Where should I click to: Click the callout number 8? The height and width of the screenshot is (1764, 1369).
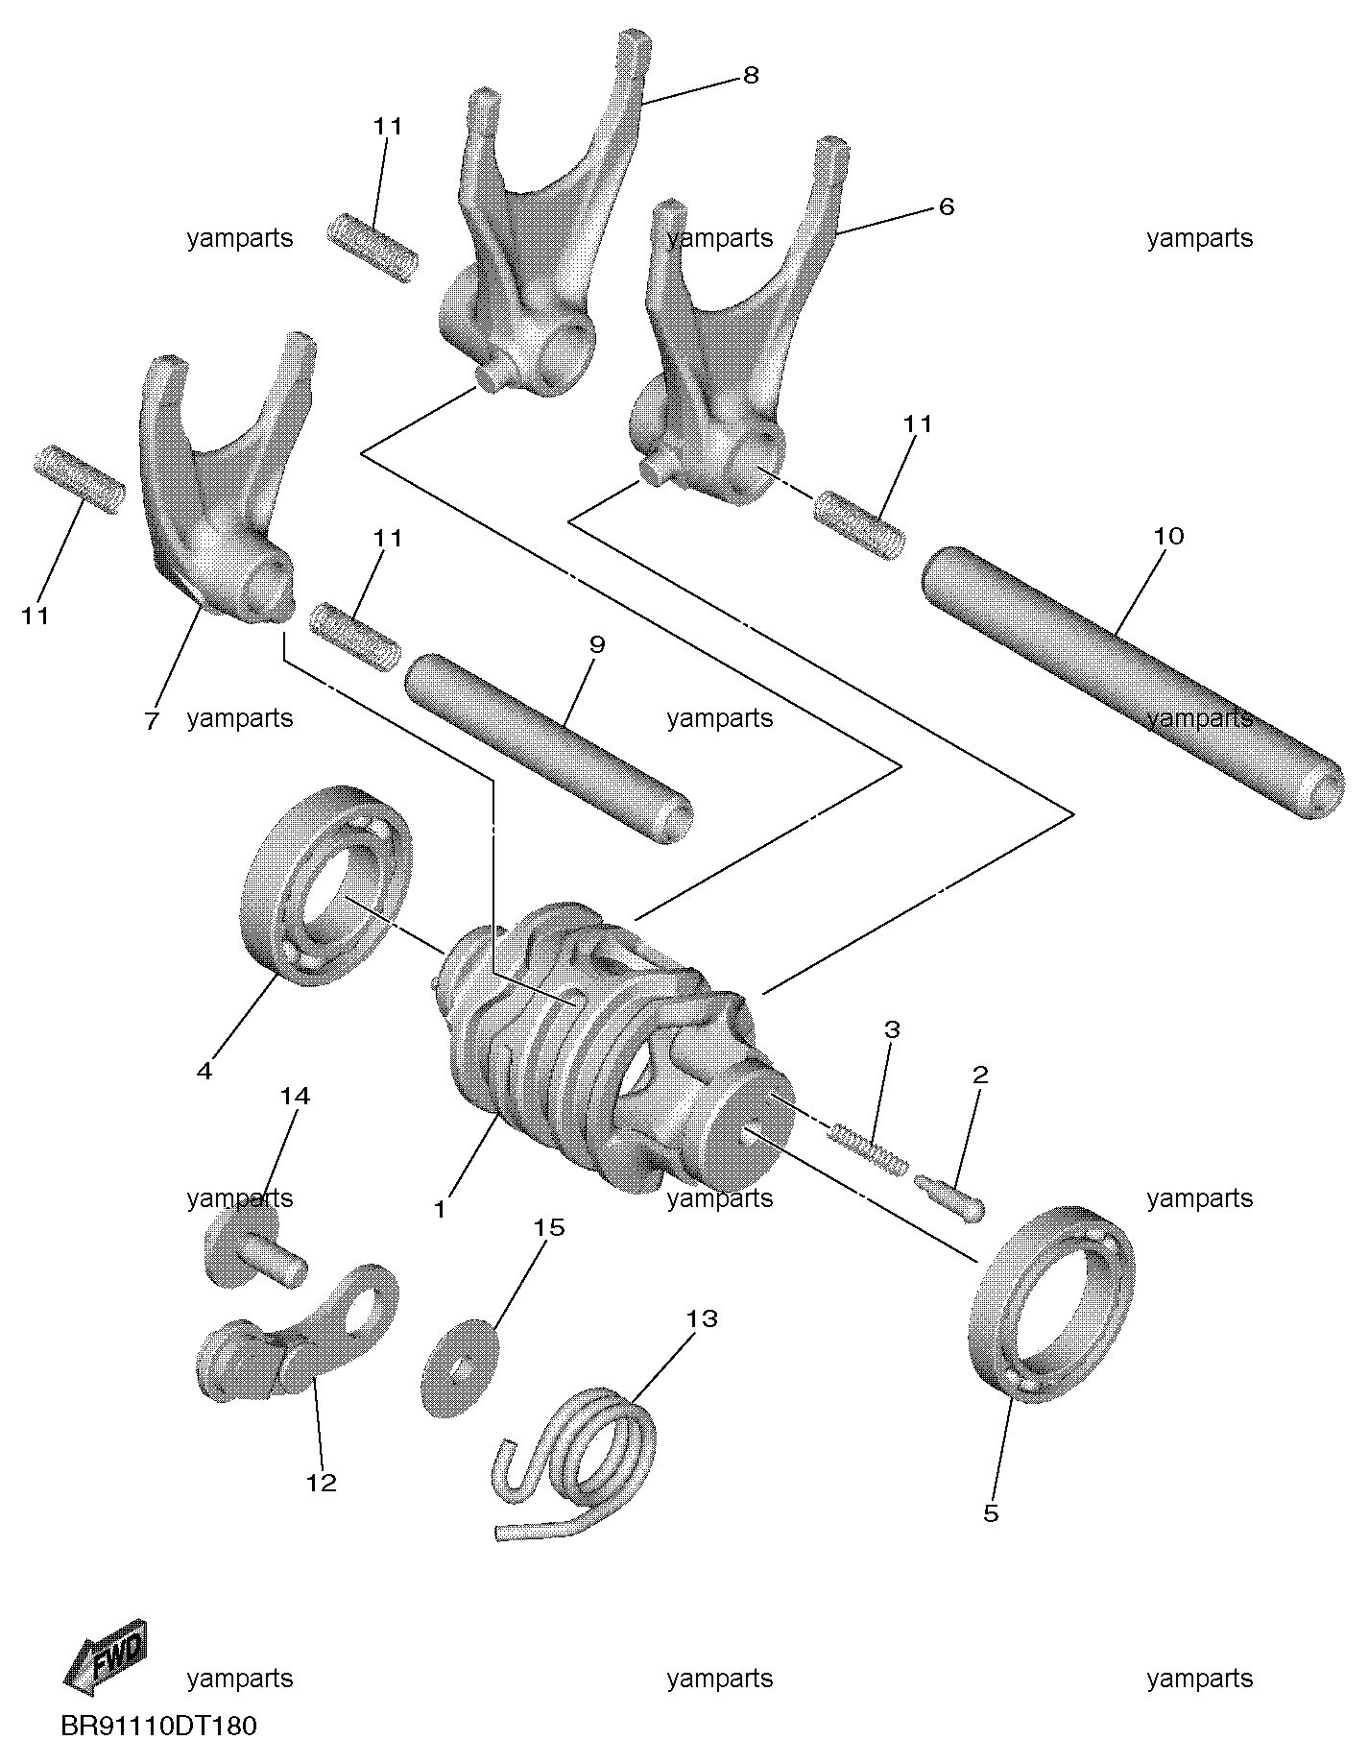(x=751, y=75)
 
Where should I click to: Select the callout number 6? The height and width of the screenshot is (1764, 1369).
(x=947, y=206)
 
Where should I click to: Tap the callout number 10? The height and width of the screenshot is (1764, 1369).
(x=1168, y=536)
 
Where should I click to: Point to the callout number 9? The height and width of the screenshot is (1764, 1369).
(x=597, y=643)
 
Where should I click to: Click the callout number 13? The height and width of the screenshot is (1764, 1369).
(x=702, y=1318)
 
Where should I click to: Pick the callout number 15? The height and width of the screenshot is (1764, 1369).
(x=550, y=1227)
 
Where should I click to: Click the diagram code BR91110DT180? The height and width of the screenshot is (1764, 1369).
(x=159, y=1726)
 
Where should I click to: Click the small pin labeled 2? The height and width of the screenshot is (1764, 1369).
(x=951, y=1198)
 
